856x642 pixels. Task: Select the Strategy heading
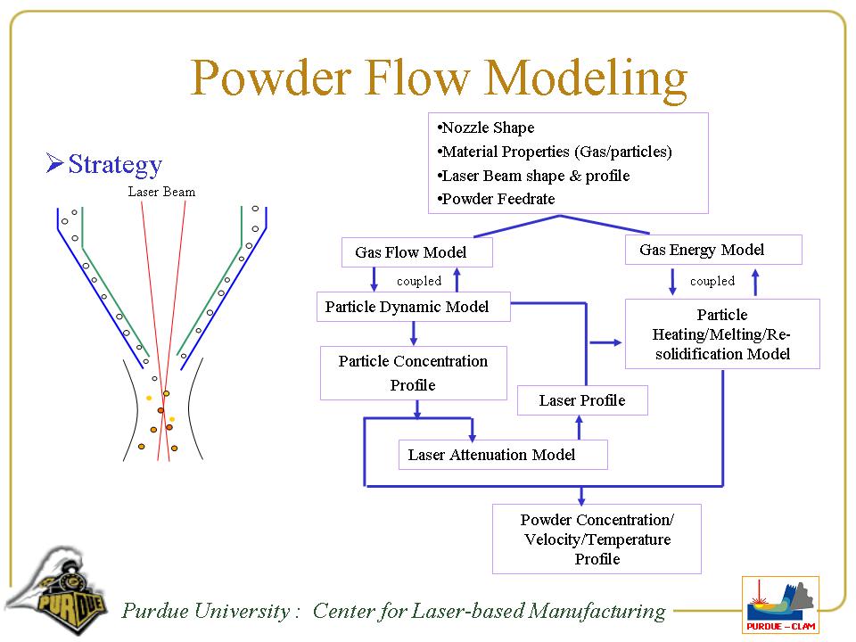114,164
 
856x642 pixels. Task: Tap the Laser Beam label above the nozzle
161,192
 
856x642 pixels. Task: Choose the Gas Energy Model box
713,250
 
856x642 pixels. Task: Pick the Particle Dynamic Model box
414,307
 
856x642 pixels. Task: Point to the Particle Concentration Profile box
413,373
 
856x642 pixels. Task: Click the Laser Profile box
582,400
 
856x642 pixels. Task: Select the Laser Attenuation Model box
502,455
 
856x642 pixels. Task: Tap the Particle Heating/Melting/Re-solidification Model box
722,334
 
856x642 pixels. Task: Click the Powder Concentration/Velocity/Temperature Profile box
597,539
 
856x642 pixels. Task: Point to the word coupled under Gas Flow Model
419,281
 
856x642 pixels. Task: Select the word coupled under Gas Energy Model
712,281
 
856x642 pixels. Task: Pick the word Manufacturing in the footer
597,611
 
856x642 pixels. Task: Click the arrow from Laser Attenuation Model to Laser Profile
580,428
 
